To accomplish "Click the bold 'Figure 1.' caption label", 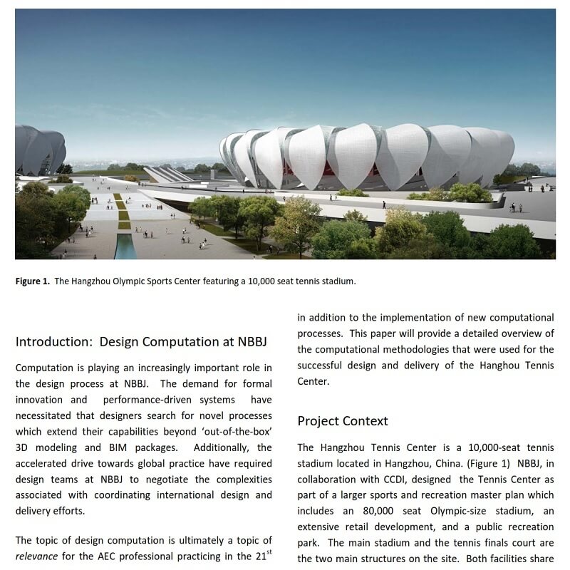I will tap(33, 281).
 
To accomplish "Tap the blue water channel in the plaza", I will tap(125, 245).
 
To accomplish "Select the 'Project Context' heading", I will tap(343, 420).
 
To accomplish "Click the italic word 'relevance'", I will tap(36, 556).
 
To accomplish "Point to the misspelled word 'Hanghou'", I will tap(470, 366).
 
